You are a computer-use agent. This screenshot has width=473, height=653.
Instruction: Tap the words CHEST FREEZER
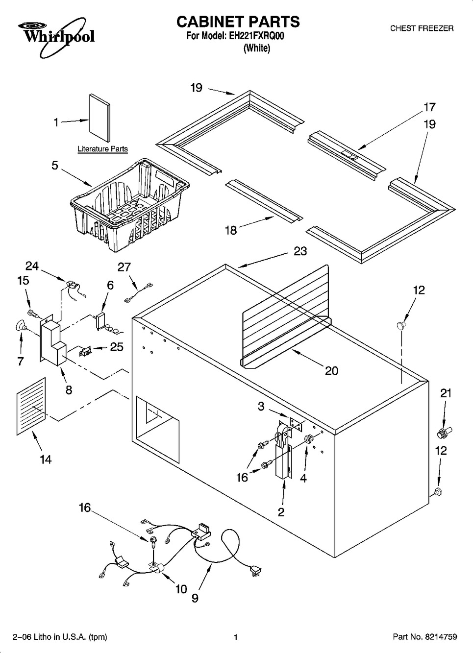[422, 28]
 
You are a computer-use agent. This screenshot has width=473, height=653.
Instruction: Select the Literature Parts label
[102, 149]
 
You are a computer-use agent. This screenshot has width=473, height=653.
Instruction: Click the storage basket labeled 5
[130, 204]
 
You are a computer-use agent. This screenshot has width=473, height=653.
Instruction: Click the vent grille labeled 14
[31, 406]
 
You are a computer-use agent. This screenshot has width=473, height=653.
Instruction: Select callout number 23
[300, 251]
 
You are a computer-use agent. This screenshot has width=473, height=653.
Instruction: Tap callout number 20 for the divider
[331, 371]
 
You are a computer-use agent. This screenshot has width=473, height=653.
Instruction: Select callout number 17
[429, 107]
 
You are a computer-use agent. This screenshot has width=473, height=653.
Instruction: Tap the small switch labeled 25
[85, 352]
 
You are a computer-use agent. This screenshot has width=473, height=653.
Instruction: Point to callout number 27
[124, 267]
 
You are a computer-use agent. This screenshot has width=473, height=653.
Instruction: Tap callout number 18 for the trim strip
[231, 231]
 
